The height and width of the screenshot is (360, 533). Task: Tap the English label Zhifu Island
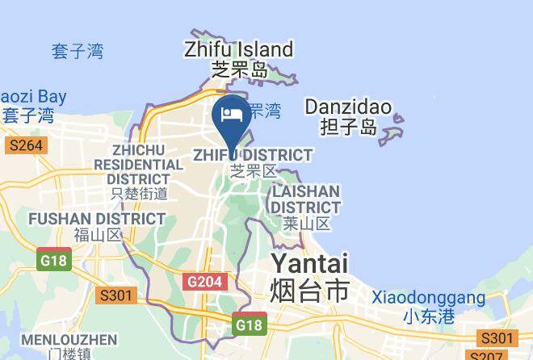(237, 49)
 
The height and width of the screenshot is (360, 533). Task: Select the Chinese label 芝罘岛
(239, 70)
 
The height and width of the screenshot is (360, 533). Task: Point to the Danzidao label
(348, 107)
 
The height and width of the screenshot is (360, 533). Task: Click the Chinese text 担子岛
(347, 127)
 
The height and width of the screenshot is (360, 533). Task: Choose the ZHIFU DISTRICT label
(253, 154)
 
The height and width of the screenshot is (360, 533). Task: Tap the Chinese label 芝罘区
(254, 171)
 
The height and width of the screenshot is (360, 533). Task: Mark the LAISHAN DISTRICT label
(305, 199)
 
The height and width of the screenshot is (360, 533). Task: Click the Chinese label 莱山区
(307, 224)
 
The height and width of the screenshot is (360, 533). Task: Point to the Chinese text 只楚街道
(139, 194)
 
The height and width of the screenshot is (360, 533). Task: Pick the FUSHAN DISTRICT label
(96, 219)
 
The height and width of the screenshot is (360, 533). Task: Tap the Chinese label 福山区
(96, 236)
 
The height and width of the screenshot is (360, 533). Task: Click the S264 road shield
(26, 146)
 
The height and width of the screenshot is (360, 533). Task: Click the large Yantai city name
(309, 263)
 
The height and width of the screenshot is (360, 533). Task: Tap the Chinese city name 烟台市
(309, 289)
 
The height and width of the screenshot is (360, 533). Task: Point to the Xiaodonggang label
(428, 298)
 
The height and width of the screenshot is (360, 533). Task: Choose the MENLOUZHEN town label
(69, 339)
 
